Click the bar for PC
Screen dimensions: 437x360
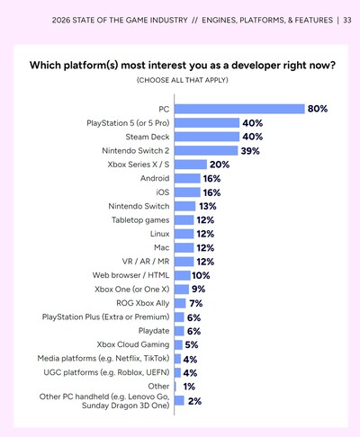(238, 109)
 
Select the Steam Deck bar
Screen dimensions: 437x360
(205, 137)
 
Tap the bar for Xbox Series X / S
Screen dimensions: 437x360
(190, 165)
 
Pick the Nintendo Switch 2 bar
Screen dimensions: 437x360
(204, 150)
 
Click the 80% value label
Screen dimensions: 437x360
(317, 109)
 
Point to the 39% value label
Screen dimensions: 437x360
(250, 150)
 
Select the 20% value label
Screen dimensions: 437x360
(220, 165)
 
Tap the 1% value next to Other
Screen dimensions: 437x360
(189, 386)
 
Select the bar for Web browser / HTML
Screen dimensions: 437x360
(181, 275)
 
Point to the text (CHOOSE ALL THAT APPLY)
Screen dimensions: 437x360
(179, 81)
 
